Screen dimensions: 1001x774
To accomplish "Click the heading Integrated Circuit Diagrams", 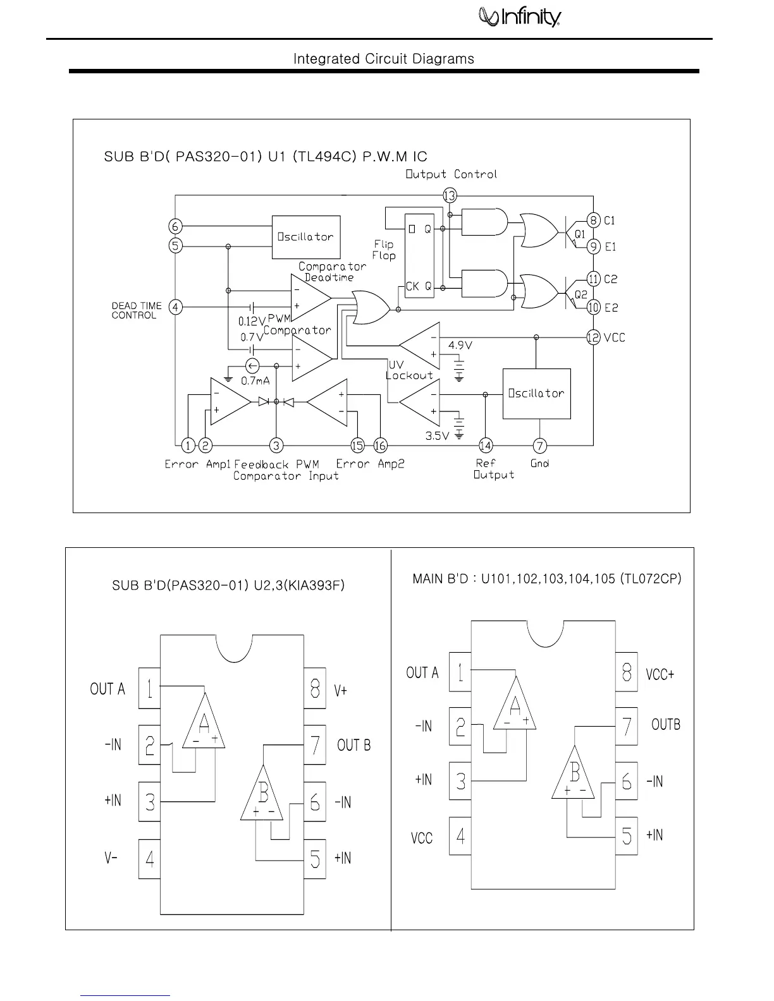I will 383,59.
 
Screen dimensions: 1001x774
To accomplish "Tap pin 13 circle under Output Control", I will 450,196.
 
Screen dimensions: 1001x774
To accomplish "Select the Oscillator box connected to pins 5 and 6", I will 306,237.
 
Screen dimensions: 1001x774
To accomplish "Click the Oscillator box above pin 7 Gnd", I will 536,393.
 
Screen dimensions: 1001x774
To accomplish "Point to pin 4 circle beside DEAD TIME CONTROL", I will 176,308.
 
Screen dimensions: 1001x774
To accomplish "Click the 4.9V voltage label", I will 460,345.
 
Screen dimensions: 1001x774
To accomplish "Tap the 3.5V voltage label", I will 437,436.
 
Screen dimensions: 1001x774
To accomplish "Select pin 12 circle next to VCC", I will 593,337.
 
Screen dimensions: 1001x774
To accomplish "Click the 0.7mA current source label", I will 255,381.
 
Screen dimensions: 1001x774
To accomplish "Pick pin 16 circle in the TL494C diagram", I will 380,446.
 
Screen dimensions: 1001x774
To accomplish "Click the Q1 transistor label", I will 580,234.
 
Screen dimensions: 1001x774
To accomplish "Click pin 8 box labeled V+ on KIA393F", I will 315,688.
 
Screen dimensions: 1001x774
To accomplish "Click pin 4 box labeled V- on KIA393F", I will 150,859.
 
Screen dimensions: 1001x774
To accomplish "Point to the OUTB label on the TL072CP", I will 666,725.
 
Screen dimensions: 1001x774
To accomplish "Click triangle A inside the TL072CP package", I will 515,705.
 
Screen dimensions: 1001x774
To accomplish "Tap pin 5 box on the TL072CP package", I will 626,836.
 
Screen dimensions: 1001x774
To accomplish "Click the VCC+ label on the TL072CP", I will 660,674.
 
